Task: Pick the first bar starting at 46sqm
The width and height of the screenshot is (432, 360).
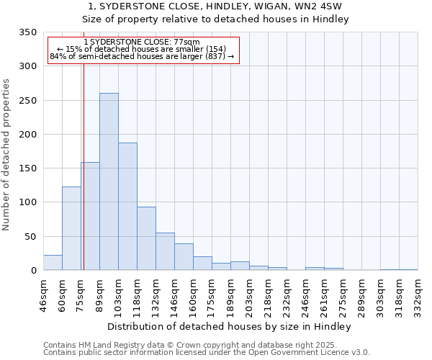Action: click(x=53, y=263)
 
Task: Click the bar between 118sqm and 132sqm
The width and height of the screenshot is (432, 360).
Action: click(x=146, y=238)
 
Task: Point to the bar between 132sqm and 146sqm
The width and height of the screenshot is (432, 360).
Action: click(x=165, y=251)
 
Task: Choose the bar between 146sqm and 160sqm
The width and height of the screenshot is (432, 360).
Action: click(x=184, y=257)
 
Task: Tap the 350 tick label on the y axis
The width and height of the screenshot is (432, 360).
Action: click(x=28, y=32)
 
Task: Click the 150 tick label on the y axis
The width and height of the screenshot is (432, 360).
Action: click(x=28, y=168)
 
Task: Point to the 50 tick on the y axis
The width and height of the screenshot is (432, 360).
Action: click(x=31, y=236)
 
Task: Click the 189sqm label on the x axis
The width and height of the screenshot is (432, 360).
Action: click(x=230, y=294)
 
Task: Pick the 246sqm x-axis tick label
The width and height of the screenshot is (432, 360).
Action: click(x=305, y=294)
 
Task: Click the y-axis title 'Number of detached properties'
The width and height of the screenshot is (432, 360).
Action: click(x=7, y=155)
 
